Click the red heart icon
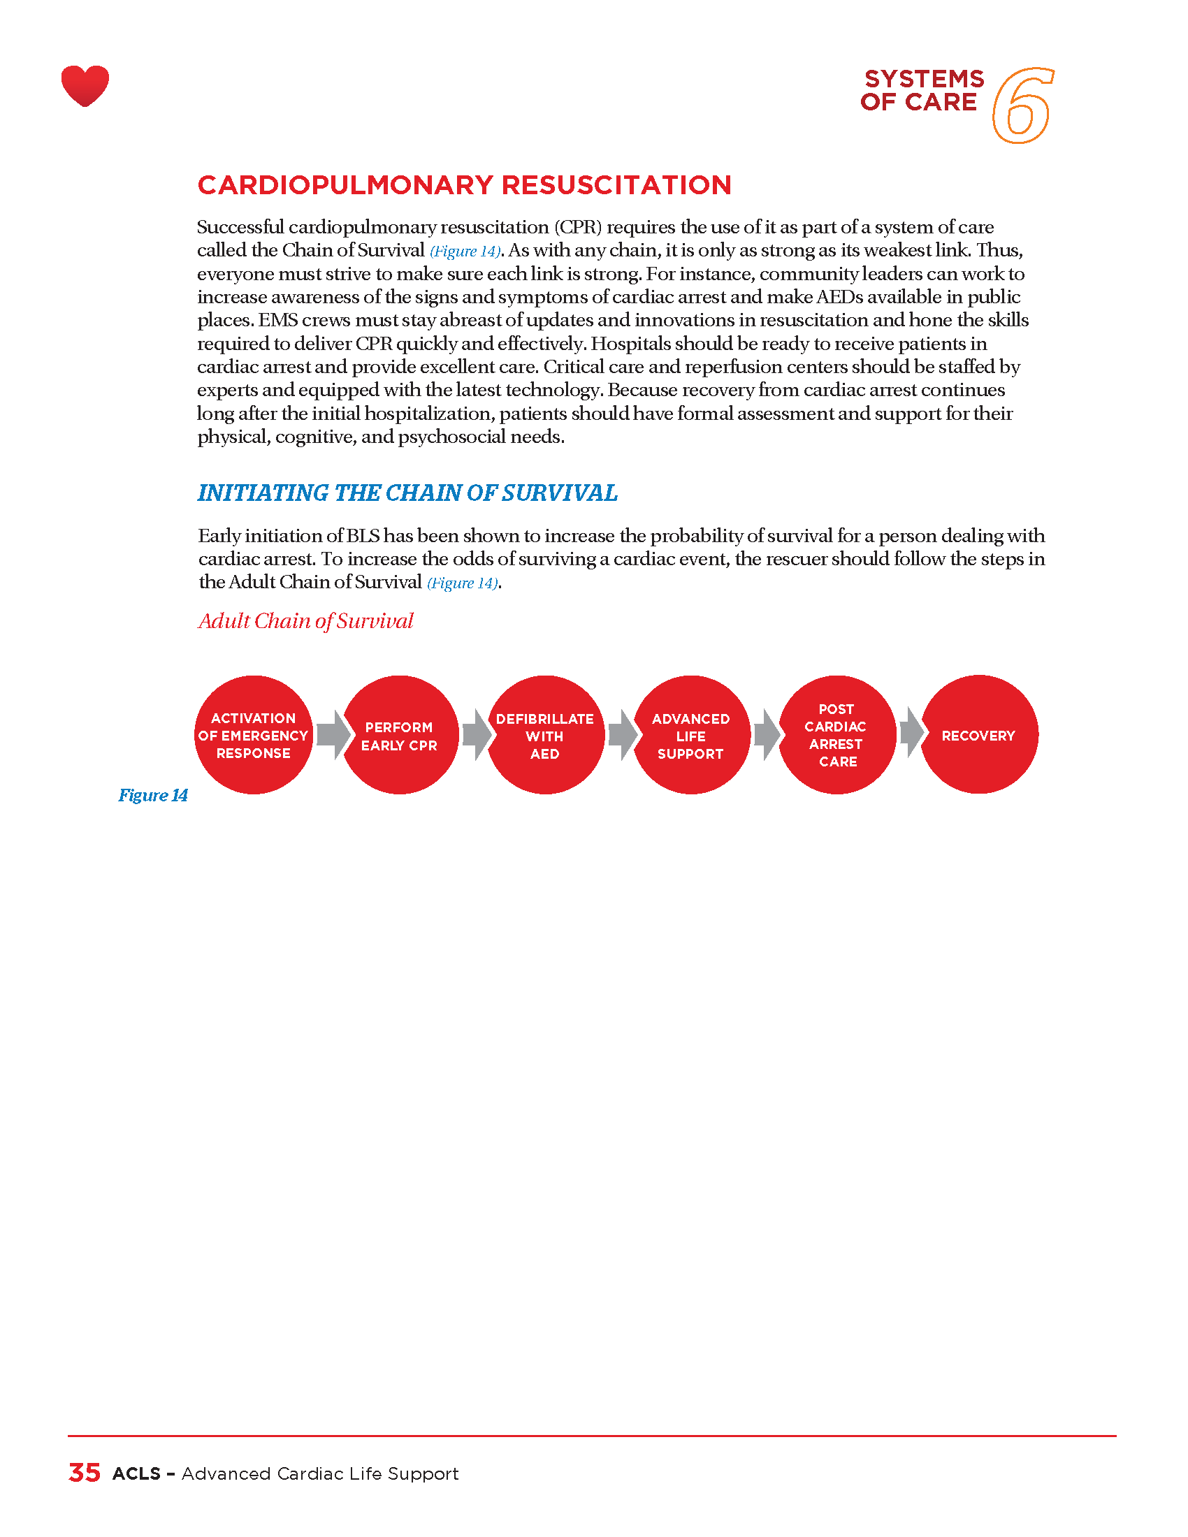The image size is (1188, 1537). click(85, 86)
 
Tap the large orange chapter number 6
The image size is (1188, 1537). click(1022, 106)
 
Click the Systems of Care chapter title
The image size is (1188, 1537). click(921, 90)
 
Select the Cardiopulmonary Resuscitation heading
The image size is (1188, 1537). click(465, 185)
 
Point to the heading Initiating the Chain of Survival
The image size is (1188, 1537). click(407, 493)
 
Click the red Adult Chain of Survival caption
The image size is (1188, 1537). click(306, 620)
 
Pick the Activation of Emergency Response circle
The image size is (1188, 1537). click(254, 736)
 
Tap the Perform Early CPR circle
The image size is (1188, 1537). click(399, 736)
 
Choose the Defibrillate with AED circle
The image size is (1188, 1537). click(545, 736)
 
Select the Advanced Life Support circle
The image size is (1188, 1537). click(690, 736)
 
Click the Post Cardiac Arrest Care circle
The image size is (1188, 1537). click(836, 736)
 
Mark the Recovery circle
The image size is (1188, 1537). click(978, 735)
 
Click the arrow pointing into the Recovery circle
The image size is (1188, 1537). click(911, 733)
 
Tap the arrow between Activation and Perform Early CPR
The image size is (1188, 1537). click(333, 735)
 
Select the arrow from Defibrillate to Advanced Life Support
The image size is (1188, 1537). click(623, 736)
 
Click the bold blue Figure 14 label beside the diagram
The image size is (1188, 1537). click(153, 795)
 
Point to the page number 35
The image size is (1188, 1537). click(85, 1473)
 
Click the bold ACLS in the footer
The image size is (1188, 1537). click(136, 1473)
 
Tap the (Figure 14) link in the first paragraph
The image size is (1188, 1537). click(465, 252)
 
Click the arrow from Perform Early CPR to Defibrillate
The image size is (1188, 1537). click(477, 735)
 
